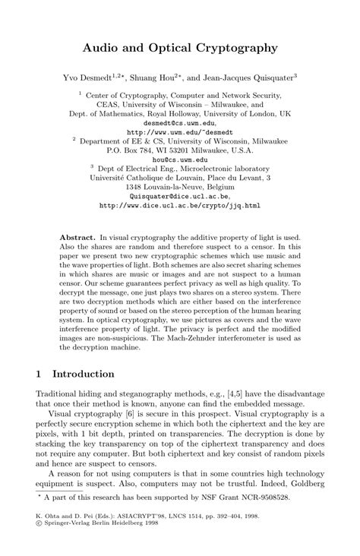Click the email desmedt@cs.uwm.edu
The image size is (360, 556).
pos(179,122)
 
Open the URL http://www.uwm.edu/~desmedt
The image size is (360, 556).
pos(179,131)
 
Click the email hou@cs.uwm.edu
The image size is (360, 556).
pos(179,160)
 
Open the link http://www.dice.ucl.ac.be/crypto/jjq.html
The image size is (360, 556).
pos(179,205)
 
